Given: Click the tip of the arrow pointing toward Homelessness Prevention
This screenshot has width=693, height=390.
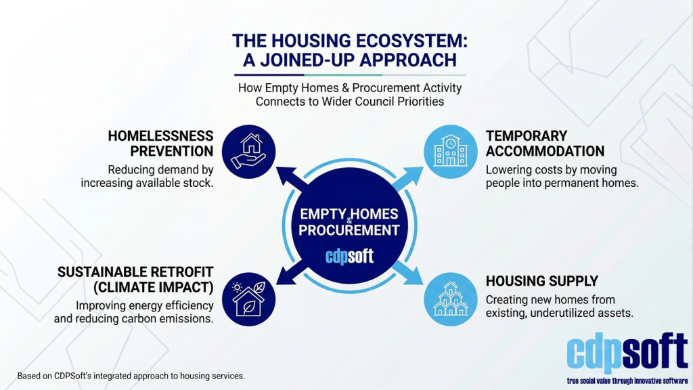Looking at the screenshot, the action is point(277,167).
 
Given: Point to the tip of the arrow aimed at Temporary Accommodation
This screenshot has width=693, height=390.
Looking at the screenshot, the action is point(423,167).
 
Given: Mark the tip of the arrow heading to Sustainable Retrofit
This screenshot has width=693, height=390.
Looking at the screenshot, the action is point(277,284).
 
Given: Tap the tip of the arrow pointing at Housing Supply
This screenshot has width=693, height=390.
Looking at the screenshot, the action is point(423,284).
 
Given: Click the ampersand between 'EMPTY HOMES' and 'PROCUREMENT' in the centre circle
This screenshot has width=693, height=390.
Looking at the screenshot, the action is point(350,221).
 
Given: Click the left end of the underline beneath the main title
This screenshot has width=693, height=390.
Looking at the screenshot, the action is point(234,74).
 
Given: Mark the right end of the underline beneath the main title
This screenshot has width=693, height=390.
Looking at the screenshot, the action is point(466,74).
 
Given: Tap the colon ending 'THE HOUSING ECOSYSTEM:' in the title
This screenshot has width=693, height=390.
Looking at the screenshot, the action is point(464,41).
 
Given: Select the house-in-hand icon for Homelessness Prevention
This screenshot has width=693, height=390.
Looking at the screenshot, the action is point(249,151).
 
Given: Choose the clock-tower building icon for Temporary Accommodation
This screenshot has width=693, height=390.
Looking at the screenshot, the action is point(450,151).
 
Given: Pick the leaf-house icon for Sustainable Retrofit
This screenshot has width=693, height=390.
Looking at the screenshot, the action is point(249,299).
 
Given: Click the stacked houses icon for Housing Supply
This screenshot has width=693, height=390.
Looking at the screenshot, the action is point(450,299).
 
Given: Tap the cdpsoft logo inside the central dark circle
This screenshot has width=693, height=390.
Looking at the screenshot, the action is point(350,256).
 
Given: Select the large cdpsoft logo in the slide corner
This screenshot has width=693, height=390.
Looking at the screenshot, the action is point(627,353).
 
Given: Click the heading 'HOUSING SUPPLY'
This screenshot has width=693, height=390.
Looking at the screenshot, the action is point(542,281).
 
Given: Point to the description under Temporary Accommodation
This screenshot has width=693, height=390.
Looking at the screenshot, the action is point(562,177).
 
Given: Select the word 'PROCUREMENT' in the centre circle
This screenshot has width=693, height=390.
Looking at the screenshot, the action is point(349,230).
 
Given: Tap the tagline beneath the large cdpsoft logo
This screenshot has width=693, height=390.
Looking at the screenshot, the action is point(627,381).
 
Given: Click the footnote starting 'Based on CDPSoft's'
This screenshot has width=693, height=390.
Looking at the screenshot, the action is point(131,376).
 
